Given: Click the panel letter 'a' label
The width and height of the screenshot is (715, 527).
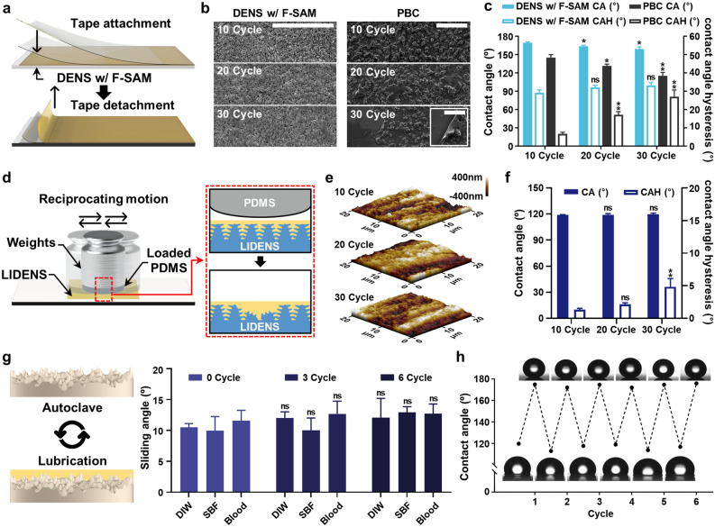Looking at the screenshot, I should [8, 7].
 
